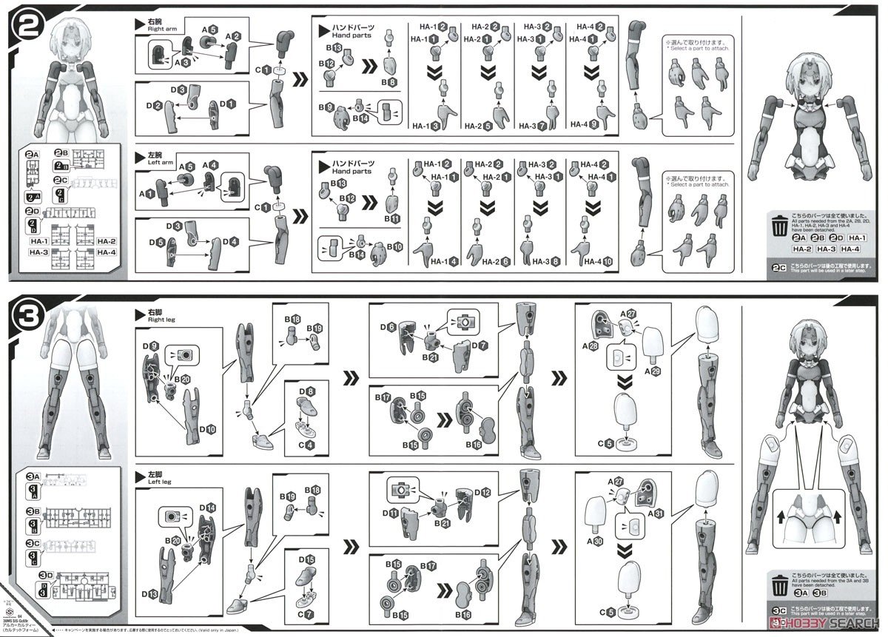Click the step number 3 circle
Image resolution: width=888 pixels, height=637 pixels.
coord(30,323)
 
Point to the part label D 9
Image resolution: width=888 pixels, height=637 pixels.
coord(149,345)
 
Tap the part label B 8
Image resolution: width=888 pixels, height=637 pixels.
coord(388,81)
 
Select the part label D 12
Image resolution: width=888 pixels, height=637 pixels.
coord(482,492)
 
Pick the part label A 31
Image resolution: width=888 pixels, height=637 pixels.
coord(656,513)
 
